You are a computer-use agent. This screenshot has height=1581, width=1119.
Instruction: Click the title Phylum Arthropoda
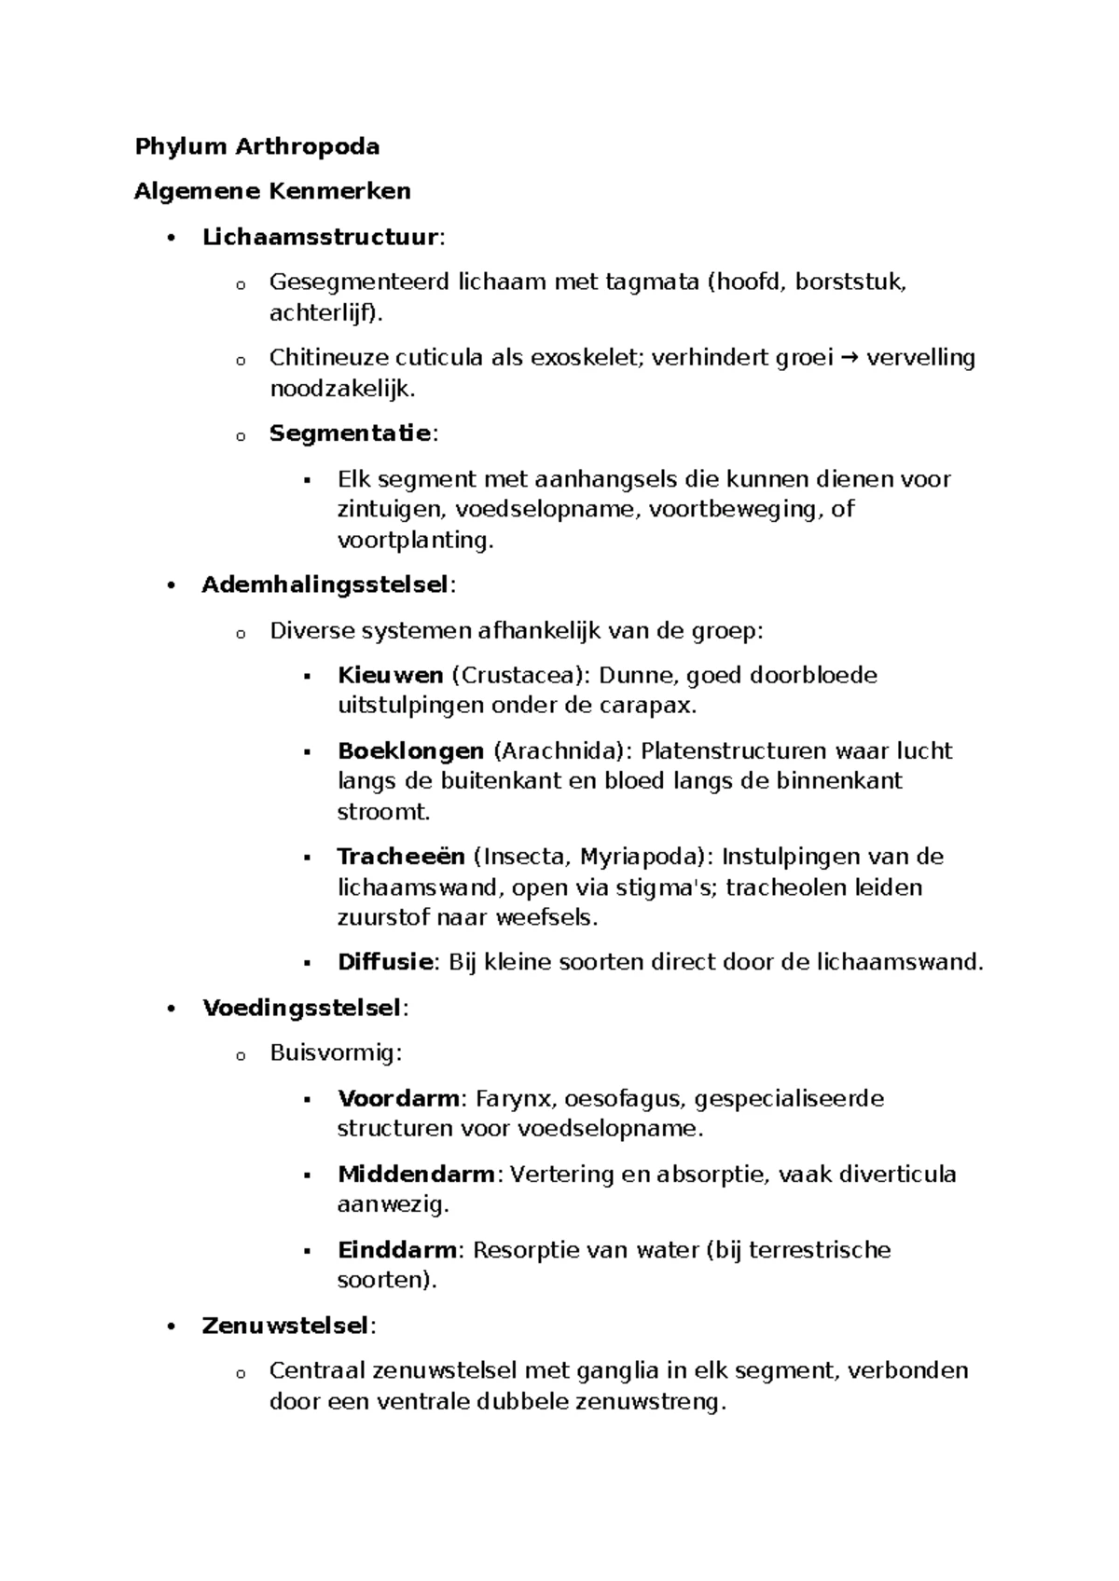coord(256,146)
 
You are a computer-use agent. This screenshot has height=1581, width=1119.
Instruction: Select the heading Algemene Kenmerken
coord(272,191)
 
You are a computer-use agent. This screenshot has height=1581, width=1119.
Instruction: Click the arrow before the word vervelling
coord(850,358)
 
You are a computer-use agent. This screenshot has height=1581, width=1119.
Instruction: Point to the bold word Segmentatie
coord(350,433)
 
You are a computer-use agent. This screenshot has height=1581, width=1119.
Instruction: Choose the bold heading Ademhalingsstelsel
coord(325,585)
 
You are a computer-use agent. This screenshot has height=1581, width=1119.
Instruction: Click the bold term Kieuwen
coord(390,676)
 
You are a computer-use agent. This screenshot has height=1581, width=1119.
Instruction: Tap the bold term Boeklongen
coord(410,751)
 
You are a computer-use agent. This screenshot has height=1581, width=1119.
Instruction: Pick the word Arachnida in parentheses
coord(561,751)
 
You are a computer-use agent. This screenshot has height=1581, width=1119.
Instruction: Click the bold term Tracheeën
coord(400,857)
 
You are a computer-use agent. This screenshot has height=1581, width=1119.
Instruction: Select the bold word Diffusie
coord(385,962)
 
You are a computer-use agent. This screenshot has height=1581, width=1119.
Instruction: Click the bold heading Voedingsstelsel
coord(301,1008)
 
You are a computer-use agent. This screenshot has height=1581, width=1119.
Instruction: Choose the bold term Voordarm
coord(398,1099)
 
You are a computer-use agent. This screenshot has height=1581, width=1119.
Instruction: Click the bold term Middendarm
coord(416,1175)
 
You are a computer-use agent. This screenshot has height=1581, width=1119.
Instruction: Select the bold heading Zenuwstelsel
coord(285,1326)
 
